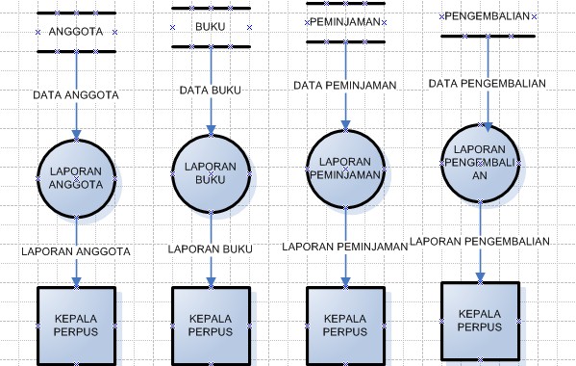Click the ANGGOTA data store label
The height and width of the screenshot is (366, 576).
coord(75,32)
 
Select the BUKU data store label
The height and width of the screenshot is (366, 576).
coord(210,27)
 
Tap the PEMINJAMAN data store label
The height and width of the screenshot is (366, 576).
coord(345,21)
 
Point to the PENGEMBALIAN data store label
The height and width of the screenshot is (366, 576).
coord(488,16)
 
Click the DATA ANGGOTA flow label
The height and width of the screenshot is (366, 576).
coord(76,95)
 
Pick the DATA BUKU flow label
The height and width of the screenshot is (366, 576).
coord(211,91)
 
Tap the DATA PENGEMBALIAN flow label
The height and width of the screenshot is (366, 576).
coord(488,83)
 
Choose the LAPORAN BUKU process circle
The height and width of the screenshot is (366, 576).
coord(211,173)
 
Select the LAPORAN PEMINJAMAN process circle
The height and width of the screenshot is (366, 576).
coord(346,169)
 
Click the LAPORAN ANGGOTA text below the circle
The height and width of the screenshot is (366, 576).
coord(76,251)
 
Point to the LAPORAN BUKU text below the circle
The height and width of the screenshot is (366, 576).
coord(211,248)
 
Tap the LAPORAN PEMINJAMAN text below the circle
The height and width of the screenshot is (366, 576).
coord(345,247)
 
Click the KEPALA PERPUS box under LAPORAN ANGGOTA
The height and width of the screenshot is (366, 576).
coord(76,325)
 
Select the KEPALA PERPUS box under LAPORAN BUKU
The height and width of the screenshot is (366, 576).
coord(211,325)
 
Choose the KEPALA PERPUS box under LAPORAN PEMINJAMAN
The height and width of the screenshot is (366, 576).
coord(345,325)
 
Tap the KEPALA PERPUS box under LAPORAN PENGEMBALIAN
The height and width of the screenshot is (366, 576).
coord(480,320)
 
